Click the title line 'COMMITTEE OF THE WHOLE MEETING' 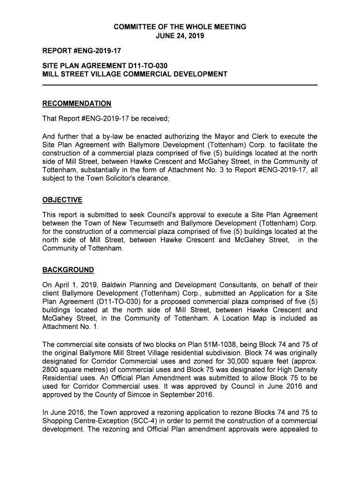pyautogui.click(x=180, y=27)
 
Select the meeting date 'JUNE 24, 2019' pyautogui.click(x=180, y=36)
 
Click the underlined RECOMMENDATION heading pyautogui.click(x=77, y=103)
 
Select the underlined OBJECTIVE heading pyautogui.click(x=62, y=200)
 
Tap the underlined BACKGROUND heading pyautogui.click(x=68, y=270)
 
